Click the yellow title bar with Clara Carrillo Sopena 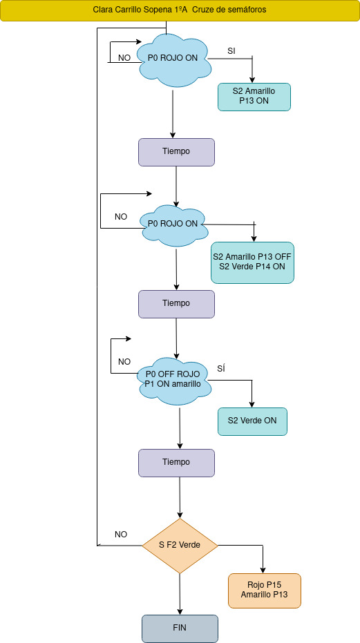tap(180, 10)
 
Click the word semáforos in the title tap(247, 10)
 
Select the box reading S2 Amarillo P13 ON tap(254, 97)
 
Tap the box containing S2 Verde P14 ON tap(252, 262)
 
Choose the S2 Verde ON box tap(252, 421)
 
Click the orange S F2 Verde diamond tap(180, 546)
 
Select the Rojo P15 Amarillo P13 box tap(265, 591)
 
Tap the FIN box tap(180, 628)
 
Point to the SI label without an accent tap(231, 51)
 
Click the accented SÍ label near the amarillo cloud tap(221, 368)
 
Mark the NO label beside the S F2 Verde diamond tap(121, 535)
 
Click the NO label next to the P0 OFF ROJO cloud tap(124, 362)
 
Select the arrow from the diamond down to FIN tap(180, 594)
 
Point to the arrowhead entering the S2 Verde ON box tap(252, 404)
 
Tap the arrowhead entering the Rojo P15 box tap(263, 570)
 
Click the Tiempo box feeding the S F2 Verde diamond tap(176, 463)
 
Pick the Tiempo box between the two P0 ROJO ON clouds tap(176, 152)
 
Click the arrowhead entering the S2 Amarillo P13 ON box tap(252, 80)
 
